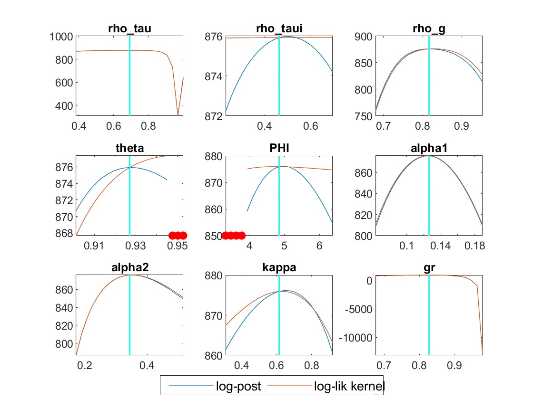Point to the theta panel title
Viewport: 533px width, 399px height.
point(129,148)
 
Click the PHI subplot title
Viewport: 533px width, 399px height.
point(279,148)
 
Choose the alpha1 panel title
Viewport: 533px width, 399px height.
point(429,148)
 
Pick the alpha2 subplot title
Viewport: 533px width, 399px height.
point(129,267)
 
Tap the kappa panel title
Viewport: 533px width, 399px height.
point(279,267)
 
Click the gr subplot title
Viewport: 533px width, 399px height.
point(429,267)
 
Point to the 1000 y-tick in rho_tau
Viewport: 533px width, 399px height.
point(60,37)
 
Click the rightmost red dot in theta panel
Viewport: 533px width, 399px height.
point(183,235)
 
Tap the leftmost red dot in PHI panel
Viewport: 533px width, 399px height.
point(226,235)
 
